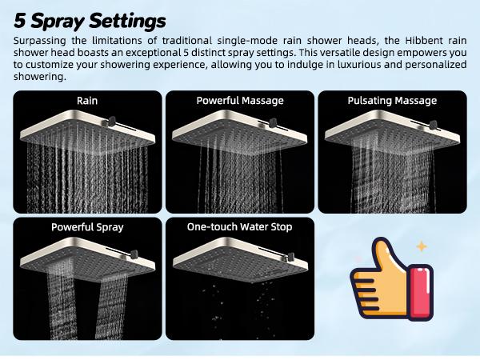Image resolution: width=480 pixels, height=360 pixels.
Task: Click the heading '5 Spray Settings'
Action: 90,19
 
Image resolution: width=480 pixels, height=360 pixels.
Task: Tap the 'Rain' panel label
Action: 87,101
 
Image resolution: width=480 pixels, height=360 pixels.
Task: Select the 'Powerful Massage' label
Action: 240,101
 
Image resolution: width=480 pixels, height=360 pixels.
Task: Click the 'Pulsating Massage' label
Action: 392,101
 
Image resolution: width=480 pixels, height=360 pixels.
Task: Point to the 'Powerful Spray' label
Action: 87,227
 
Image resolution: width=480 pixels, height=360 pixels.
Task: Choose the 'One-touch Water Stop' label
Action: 240,227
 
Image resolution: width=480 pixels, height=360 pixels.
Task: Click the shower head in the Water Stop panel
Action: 232,254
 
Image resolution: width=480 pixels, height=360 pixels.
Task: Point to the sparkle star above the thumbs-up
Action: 422,247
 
